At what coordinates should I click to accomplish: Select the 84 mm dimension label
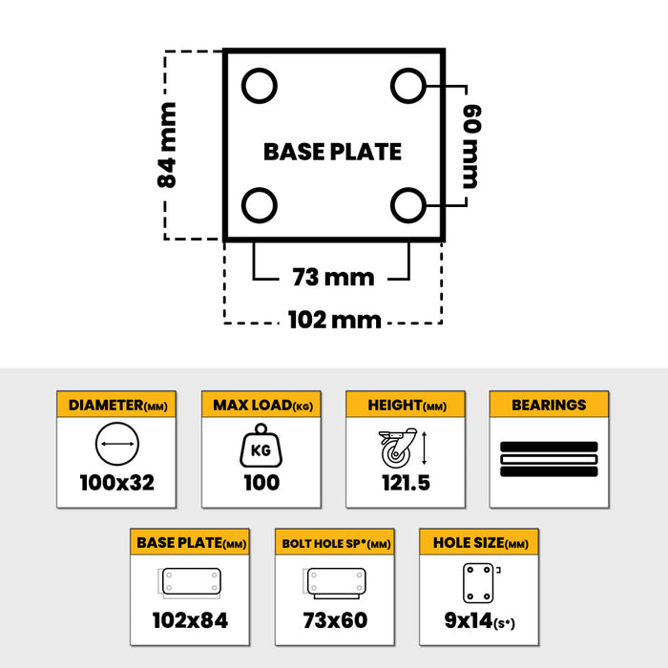pos(167,145)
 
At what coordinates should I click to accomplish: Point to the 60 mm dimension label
pos(472,146)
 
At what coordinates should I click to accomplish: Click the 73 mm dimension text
pos(334,278)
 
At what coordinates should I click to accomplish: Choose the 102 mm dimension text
pos(334,320)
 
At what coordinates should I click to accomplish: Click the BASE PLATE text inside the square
pos(332,152)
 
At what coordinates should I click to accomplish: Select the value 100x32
pos(117,483)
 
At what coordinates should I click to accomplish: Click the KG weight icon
pos(261,446)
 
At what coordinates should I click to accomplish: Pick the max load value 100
pos(261,483)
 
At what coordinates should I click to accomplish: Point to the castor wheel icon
pos(398,448)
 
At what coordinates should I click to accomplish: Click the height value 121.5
pos(406,483)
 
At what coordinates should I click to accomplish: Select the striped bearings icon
pos(549,459)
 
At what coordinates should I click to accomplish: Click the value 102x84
pos(190,620)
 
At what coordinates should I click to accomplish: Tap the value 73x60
pos(335,620)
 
